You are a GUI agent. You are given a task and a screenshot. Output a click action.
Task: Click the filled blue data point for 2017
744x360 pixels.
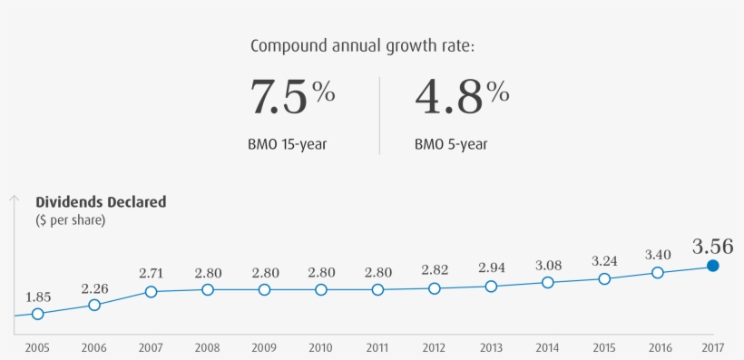click(713, 266)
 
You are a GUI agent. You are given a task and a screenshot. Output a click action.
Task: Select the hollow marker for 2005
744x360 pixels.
click(37, 314)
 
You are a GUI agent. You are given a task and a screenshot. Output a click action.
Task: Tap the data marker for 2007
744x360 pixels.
click(151, 291)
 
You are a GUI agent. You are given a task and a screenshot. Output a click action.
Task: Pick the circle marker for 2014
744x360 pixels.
click(547, 283)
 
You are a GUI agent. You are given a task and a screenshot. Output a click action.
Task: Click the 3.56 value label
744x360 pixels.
click(712, 246)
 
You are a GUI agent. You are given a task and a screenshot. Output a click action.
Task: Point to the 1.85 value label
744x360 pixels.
click(38, 297)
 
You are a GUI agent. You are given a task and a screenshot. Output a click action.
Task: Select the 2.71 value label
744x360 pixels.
click(151, 273)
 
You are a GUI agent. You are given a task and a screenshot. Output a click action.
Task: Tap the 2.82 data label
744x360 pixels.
click(435, 270)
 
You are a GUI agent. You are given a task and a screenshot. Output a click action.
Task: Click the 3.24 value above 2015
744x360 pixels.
click(603, 261)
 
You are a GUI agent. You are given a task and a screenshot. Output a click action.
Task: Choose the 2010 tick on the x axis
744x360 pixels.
click(320, 347)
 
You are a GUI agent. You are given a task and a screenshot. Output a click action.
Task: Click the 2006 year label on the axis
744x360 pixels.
click(93, 347)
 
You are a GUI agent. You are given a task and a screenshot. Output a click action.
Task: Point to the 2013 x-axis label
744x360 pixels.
click(491, 347)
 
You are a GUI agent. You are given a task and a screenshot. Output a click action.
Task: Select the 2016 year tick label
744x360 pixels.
click(660, 347)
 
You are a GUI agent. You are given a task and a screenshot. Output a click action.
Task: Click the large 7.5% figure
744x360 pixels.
click(292, 98)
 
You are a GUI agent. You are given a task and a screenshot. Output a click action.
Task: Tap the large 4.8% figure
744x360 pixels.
click(461, 98)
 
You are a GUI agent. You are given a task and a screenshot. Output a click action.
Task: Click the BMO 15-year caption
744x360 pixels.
click(287, 143)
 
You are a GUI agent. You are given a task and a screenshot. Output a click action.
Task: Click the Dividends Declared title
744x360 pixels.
click(100, 202)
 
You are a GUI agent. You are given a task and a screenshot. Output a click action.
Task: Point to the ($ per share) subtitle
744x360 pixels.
click(71, 219)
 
